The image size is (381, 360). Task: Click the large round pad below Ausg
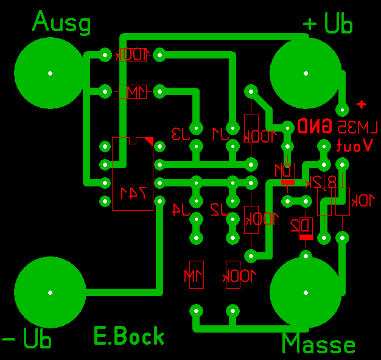pos(50,72)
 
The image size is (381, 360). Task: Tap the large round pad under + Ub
pos(306,72)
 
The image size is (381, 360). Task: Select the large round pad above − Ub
pos(50,292)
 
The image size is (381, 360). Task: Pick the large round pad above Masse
pos(306,292)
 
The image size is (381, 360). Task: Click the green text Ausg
pos(61,23)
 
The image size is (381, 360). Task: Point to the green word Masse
pos(318,345)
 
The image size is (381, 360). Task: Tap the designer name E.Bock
pos(129,336)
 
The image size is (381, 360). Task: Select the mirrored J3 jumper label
pos(180,133)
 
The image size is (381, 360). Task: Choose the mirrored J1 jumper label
pos(219,133)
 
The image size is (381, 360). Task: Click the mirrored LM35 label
pos(356,127)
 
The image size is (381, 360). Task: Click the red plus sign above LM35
pos(362,104)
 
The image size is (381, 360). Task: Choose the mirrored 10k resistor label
pos(363,200)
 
